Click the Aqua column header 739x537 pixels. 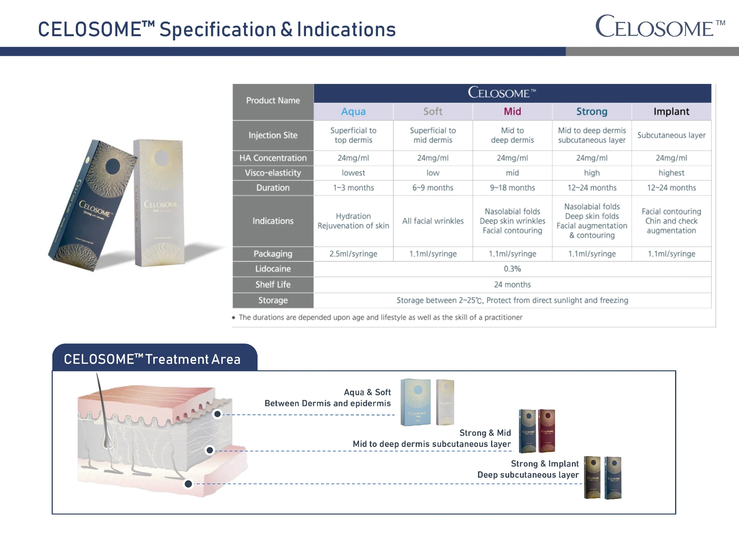pos(353,112)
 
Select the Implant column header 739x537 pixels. pos(671,112)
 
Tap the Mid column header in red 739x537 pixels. pos(512,112)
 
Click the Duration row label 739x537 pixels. pos(273,188)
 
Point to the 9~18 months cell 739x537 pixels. pos(512,188)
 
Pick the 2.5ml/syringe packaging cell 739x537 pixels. pos(353,254)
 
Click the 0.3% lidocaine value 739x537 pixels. pos(512,269)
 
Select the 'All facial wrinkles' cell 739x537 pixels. pos(433,221)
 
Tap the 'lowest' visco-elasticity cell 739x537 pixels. pos(353,173)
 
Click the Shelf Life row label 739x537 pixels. pos(273,285)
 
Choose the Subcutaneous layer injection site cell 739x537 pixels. pos(671,136)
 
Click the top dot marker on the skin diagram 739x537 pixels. pos(217,414)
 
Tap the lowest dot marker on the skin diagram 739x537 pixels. pos(188,484)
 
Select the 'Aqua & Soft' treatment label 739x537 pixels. pos(367,392)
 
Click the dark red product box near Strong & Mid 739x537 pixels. pos(547,430)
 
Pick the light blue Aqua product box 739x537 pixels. pos(416,402)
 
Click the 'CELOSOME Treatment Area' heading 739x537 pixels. pos(152,359)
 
